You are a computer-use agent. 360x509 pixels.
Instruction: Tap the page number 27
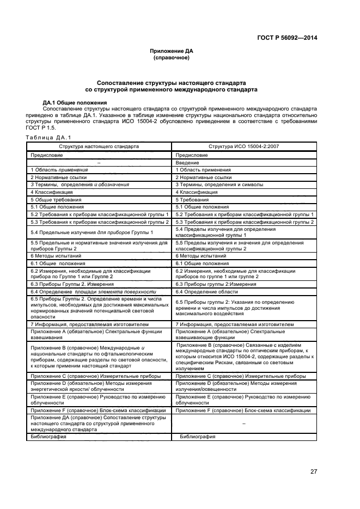(x=314, y=471)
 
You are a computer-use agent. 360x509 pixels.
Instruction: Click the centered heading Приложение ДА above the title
(x=172, y=51)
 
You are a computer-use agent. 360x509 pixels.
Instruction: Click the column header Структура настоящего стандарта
(x=99, y=146)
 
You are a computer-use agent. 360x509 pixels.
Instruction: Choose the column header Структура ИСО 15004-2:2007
(x=243, y=146)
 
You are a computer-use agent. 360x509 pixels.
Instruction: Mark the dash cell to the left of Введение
(x=99, y=162)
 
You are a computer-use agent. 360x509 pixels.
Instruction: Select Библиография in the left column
(x=48, y=437)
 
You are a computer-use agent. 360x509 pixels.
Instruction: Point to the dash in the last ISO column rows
(x=243, y=422)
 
